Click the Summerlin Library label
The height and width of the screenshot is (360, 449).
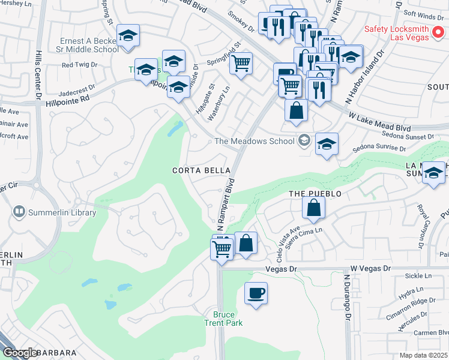(x=62, y=212)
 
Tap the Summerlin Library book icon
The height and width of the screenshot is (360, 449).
(x=19, y=212)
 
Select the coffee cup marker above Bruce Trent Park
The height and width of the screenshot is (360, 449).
(x=256, y=293)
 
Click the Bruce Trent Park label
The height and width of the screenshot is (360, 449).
(x=228, y=319)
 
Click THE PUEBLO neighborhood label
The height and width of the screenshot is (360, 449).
(x=315, y=194)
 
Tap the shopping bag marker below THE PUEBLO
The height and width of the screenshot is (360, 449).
(x=313, y=208)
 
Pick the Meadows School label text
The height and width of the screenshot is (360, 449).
(x=255, y=142)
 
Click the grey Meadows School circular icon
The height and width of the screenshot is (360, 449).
(x=304, y=141)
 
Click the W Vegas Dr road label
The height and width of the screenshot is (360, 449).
(x=370, y=269)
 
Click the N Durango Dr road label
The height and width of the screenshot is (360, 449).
(x=347, y=298)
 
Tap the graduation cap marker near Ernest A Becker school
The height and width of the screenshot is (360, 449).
(x=128, y=35)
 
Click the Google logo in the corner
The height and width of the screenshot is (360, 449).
(x=20, y=353)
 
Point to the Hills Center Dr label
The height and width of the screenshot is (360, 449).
(x=38, y=74)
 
